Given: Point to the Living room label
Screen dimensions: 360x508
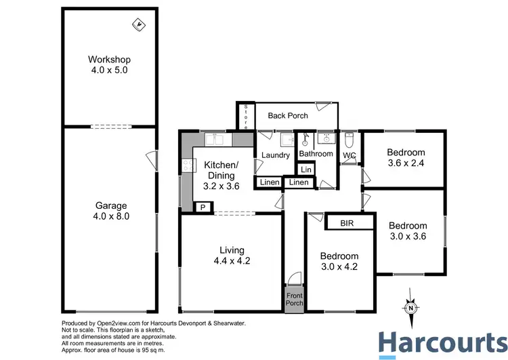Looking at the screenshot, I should coord(231,255).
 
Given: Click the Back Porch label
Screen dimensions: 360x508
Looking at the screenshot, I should coord(288,115).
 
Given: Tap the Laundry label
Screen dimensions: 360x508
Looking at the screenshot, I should coord(276,155).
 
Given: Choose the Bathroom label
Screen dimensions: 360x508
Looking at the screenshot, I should coord(316,154).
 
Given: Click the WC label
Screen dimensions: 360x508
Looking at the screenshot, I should coord(350,155).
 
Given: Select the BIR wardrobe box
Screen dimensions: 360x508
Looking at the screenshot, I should coord(347,222).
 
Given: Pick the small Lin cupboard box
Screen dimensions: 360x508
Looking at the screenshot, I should coord(306,169).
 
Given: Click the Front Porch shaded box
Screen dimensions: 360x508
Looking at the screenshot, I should coord(294,299).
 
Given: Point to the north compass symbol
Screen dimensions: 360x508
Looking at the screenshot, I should coord(410,306).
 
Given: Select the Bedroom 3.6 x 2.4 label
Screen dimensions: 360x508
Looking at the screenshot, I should coord(406,157).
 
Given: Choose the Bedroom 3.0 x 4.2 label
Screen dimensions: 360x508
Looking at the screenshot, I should coord(339,261).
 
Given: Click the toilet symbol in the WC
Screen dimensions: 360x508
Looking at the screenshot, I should coord(350,140).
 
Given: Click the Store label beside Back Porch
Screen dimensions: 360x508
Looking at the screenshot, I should coord(246,116).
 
